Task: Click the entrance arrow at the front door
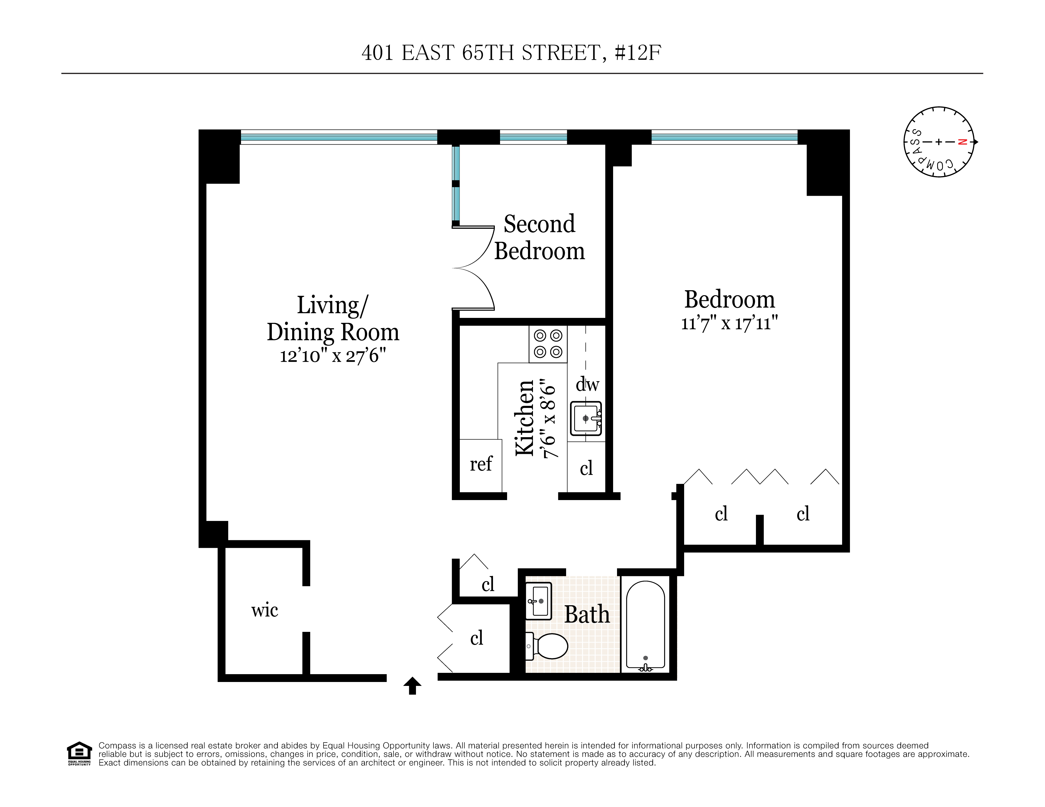(412, 685)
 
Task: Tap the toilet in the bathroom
(548, 646)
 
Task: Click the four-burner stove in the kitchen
(548, 344)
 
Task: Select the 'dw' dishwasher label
(587, 384)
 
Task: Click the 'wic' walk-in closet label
(265, 610)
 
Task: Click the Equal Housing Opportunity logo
(79, 753)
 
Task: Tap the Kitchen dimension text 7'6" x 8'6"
(548, 419)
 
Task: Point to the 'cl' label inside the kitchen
(586, 468)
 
